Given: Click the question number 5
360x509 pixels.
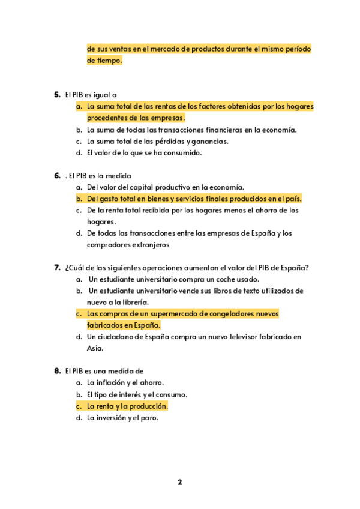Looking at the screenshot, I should (x=57, y=95).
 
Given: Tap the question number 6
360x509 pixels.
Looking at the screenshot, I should (x=57, y=176).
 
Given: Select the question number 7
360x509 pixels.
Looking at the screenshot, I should (x=57, y=268).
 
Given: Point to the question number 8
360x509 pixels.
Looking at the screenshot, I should (x=57, y=371).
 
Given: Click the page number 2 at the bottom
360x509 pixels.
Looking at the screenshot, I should (x=179, y=482).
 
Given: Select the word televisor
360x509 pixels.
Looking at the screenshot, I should (x=263, y=337).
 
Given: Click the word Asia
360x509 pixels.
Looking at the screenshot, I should (x=95, y=348).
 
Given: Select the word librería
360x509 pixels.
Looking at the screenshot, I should (x=135, y=303).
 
